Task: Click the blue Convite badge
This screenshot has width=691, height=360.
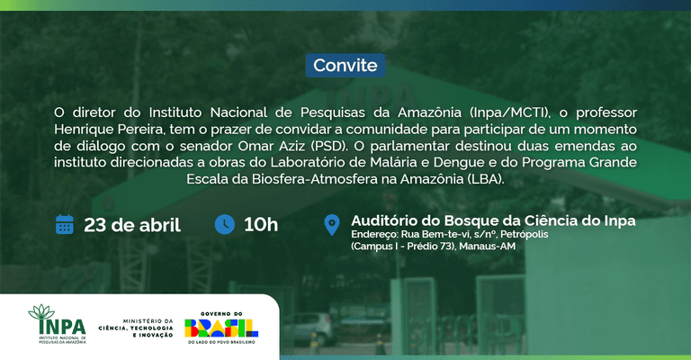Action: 345,65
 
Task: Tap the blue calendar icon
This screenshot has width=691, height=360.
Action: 65,224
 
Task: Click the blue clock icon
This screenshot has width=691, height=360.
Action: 225,224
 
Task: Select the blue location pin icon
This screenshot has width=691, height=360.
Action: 332,225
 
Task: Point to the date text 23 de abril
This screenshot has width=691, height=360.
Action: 132,225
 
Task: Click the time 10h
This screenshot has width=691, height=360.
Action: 261,225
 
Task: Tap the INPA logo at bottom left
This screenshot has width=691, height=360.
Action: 58,324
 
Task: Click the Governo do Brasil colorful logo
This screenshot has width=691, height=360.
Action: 221,328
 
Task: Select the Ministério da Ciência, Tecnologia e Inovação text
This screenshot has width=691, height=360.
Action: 136,328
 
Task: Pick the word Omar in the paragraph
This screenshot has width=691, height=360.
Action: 256,146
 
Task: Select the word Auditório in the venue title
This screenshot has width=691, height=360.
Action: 384,220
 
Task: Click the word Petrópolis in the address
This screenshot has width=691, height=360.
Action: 525,234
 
